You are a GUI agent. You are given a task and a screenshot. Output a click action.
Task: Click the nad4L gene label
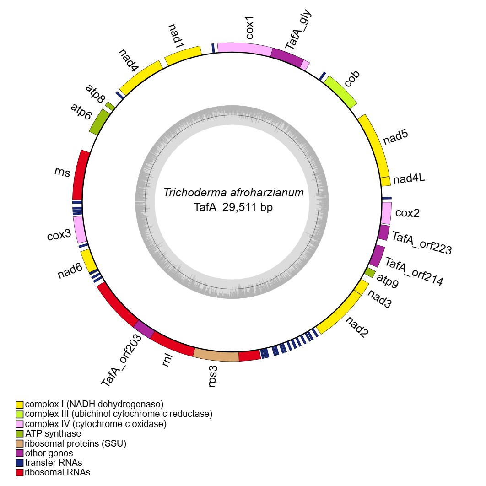[x=410, y=178]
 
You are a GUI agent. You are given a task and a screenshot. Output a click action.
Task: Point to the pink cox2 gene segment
[x=386, y=213]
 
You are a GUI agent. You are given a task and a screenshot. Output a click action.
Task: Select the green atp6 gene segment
[x=98, y=123]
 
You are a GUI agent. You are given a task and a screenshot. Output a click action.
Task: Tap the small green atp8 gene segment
[x=110, y=105]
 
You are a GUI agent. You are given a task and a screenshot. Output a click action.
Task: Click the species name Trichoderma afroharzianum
[x=233, y=193]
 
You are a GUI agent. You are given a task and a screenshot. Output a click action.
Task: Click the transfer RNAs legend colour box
[x=19, y=463]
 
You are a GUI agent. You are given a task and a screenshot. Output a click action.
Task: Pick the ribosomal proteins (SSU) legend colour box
[x=19, y=443]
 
